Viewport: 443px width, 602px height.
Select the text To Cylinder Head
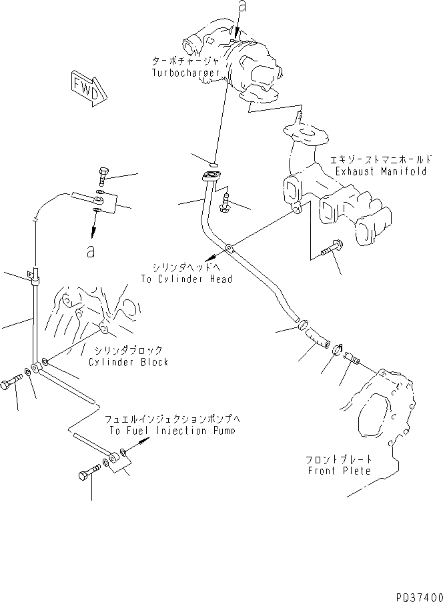click(x=186, y=279)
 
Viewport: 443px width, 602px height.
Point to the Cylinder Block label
click(x=128, y=362)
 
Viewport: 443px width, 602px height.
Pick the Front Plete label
click(x=340, y=471)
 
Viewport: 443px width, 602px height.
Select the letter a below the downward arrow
click(x=92, y=251)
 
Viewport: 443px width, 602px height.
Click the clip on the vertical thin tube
click(x=33, y=275)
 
